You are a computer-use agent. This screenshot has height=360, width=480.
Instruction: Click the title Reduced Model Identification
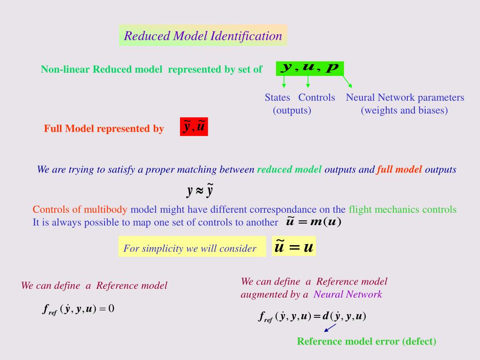(x=203, y=36)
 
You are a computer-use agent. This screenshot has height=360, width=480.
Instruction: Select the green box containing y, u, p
(x=310, y=68)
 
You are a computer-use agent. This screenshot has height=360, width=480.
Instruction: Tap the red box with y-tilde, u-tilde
(x=194, y=127)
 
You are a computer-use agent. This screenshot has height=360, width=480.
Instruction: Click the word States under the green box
(x=277, y=97)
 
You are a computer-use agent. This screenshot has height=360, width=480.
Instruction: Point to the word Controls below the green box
(x=316, y=97)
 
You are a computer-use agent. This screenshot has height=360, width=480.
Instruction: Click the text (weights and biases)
(x=404, y=110)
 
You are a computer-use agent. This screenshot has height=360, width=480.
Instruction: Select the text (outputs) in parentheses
(x=292, y=110)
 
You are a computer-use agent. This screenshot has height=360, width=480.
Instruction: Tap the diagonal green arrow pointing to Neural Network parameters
(x=347, y=82)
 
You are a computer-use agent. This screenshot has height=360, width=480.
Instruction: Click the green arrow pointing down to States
(x=284, y=82)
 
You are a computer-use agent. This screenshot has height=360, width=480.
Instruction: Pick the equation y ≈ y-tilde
(x=200, y=190)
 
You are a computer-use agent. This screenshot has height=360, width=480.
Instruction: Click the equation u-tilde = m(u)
(x=314, y=221)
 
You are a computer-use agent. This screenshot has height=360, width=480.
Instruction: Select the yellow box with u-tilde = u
(x=294, y=246)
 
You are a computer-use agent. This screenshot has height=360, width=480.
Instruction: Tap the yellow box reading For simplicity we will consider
(x=192, y=247)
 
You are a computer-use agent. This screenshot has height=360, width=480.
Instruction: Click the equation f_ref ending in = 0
(x=78, y=308)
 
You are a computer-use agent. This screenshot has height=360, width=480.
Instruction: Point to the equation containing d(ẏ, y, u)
(x=312, y=316)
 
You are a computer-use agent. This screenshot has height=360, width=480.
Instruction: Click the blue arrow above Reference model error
(x=330, y=328)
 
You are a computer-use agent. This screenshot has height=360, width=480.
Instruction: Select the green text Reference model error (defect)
(x=367, y=341)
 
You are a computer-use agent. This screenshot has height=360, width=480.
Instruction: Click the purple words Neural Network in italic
(x=348, y=294)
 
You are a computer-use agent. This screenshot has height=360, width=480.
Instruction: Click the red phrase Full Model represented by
(x=104, y=128)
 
